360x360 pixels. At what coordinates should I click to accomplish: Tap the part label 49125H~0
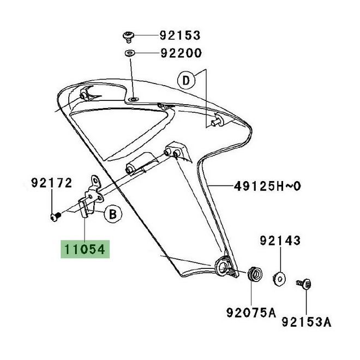(x=267, y=187)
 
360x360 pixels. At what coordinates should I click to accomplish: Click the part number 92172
(x=51, y=183)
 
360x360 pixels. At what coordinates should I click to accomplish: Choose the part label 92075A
(x=251, y=313)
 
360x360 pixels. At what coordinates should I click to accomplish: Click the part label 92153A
(x=306, y=322)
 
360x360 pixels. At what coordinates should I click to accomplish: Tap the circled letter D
(x=185, y=81)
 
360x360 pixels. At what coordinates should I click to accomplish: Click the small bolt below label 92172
(x=53, y=217)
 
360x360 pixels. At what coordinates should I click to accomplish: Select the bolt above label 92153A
(x=304, y=283)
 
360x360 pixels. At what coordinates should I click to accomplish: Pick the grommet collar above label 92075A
(x=253, y=273)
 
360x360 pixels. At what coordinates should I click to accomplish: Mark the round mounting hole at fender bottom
(x=224, y=267)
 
